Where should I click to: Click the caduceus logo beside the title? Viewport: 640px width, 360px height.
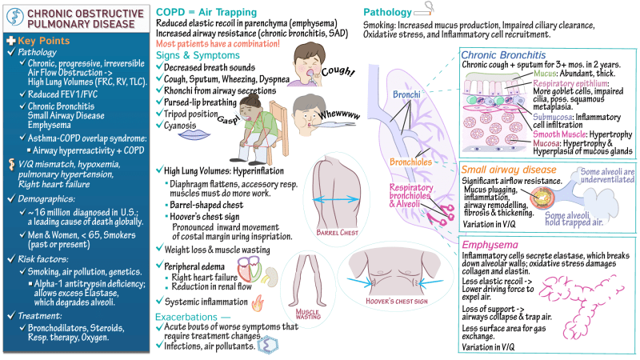pos(15,18)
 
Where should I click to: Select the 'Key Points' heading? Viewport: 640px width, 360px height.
pos(44,41)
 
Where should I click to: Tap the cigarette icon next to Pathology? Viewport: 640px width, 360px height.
pos(424,9)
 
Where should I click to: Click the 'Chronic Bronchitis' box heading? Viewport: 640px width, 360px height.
pos(503,55)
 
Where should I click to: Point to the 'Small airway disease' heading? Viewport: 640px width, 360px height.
pos(509,170)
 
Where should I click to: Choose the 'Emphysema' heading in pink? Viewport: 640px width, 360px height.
pos(490,245)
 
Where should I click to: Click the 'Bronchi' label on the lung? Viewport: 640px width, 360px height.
pos(406,94)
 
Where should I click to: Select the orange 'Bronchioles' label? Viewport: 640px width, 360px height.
pos(410,162)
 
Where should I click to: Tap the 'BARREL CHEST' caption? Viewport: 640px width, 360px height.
pos(337,233)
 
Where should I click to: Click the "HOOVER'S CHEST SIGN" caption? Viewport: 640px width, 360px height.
pos(396,302)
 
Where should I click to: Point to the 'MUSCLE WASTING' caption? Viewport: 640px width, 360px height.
pos(308,314)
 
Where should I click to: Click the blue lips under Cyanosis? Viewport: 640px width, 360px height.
pos(194,135)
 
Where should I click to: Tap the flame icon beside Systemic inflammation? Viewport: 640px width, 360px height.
pos(258,304)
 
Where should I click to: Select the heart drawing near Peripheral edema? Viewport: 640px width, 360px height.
pos(250,269)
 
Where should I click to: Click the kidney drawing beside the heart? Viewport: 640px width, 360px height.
pos(271,276)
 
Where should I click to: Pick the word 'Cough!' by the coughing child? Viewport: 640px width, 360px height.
pos(338,71)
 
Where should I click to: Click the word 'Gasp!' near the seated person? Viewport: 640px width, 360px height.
pos(229,118)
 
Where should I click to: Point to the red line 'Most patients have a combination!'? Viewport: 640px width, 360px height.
pos(218,44)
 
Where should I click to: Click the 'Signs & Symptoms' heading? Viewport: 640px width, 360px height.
pos(198,55)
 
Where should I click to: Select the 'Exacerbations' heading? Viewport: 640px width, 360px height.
pos(186,317)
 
